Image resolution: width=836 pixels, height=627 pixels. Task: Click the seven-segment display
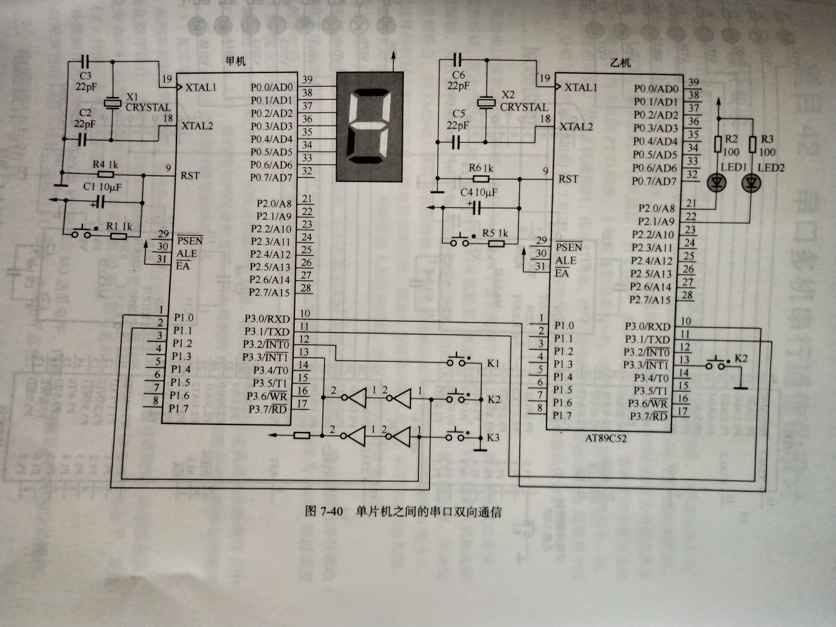click(370, 127)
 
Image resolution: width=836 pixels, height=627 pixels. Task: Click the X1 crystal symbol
click(112, 103)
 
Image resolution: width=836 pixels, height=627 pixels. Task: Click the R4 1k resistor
click(106, 175)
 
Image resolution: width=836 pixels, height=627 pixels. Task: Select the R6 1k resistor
click(481, 179)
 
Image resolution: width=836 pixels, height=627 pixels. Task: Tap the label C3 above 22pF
click(85, 76)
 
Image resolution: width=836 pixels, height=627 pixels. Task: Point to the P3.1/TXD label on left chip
click(267, 332)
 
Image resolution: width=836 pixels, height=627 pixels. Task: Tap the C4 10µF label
click(479, 192)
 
